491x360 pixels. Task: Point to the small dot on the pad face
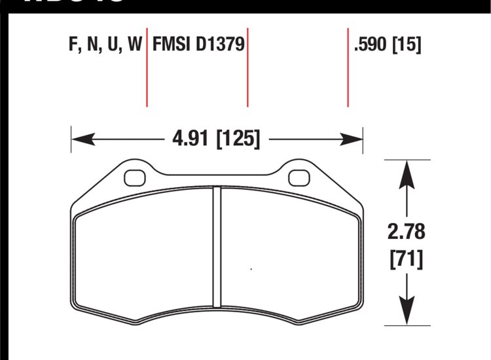click(x=252, y=268)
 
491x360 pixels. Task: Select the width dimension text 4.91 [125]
click(x=215, y=139)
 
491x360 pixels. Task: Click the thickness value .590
click(x=371, y=45)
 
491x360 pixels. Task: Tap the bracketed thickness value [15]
click(x=406, y=45)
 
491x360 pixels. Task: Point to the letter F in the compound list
click(x=71, y=45)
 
